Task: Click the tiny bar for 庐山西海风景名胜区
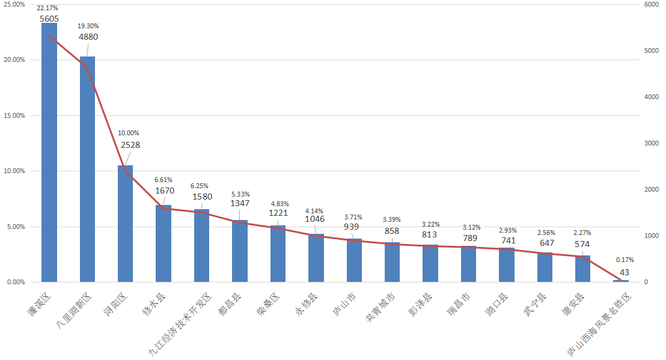(621, 281)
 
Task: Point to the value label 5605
(49, 19)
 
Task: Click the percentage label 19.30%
(88, 26)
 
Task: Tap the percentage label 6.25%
(201, 186)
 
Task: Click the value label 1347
(240, 203)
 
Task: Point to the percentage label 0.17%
(625, 260)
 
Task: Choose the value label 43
(625, 272)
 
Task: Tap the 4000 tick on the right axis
(650, 97)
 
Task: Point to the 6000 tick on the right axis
(650, 4)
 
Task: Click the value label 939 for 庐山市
(352, 227)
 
